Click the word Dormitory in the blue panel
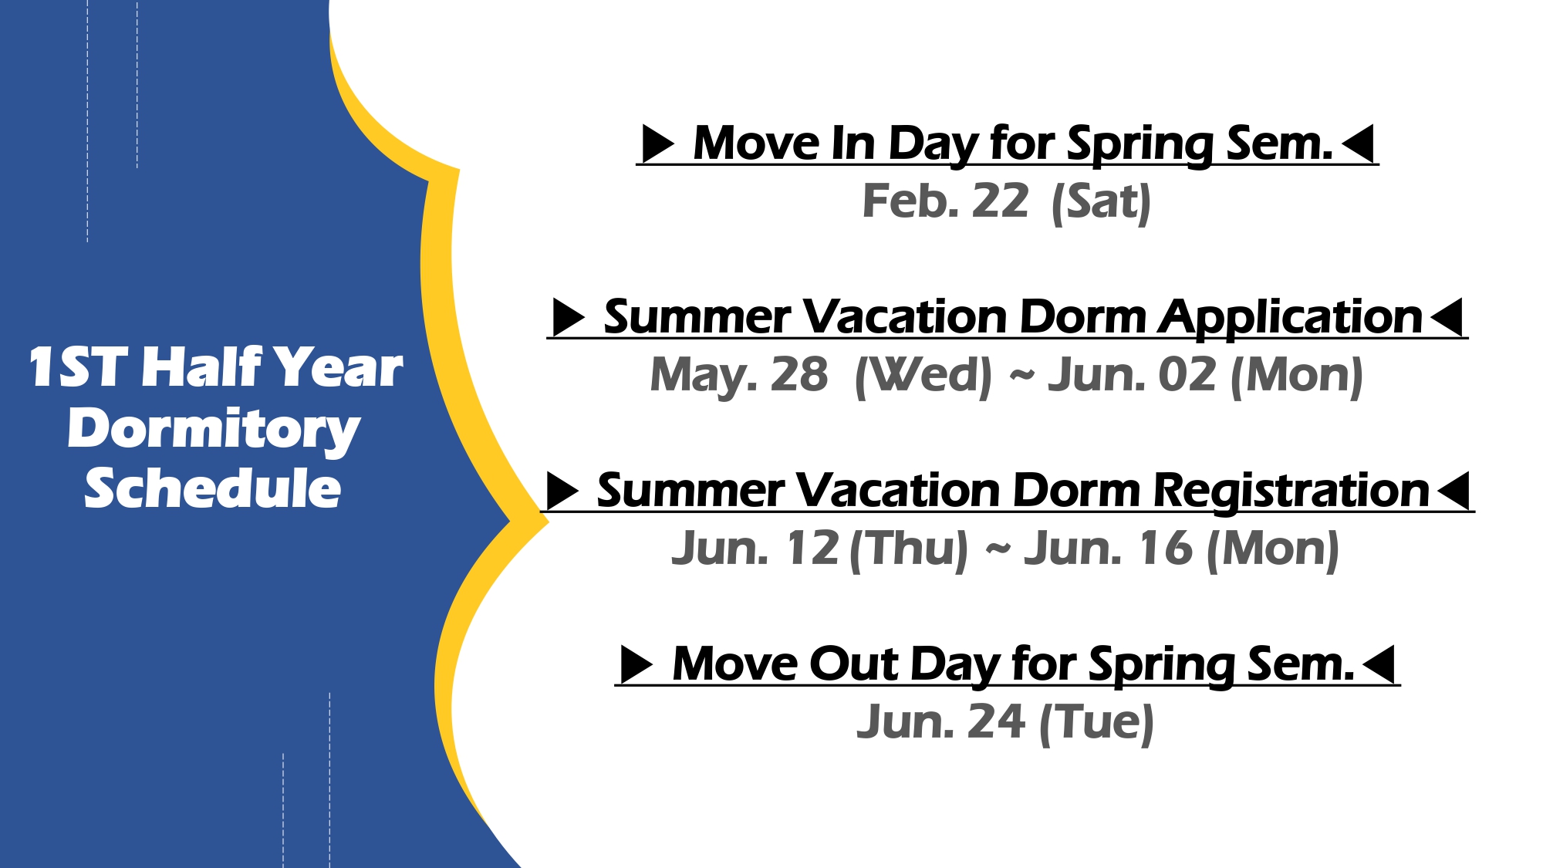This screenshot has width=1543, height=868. tap(214, 430)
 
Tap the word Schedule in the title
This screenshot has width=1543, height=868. tap(213, 488)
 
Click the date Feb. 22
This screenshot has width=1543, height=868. tap(945, 201)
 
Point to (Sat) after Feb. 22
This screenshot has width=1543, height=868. tap(1101, 203)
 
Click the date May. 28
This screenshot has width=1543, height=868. tap(739, 377)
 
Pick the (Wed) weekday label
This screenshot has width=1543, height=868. tap(923, 377)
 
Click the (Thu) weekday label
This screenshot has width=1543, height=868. tap(908, 550)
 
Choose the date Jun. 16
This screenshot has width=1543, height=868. tap(1109, 549)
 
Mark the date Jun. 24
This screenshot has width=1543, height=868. tap(941, 722)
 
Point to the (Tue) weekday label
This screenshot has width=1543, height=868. tap(1097, 724)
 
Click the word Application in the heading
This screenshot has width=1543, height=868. tap(1291, 318)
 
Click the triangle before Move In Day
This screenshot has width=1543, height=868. tap(659, 144)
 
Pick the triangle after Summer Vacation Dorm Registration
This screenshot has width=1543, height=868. tap(1454, 491)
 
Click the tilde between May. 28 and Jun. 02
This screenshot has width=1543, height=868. tap(1021, 376)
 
